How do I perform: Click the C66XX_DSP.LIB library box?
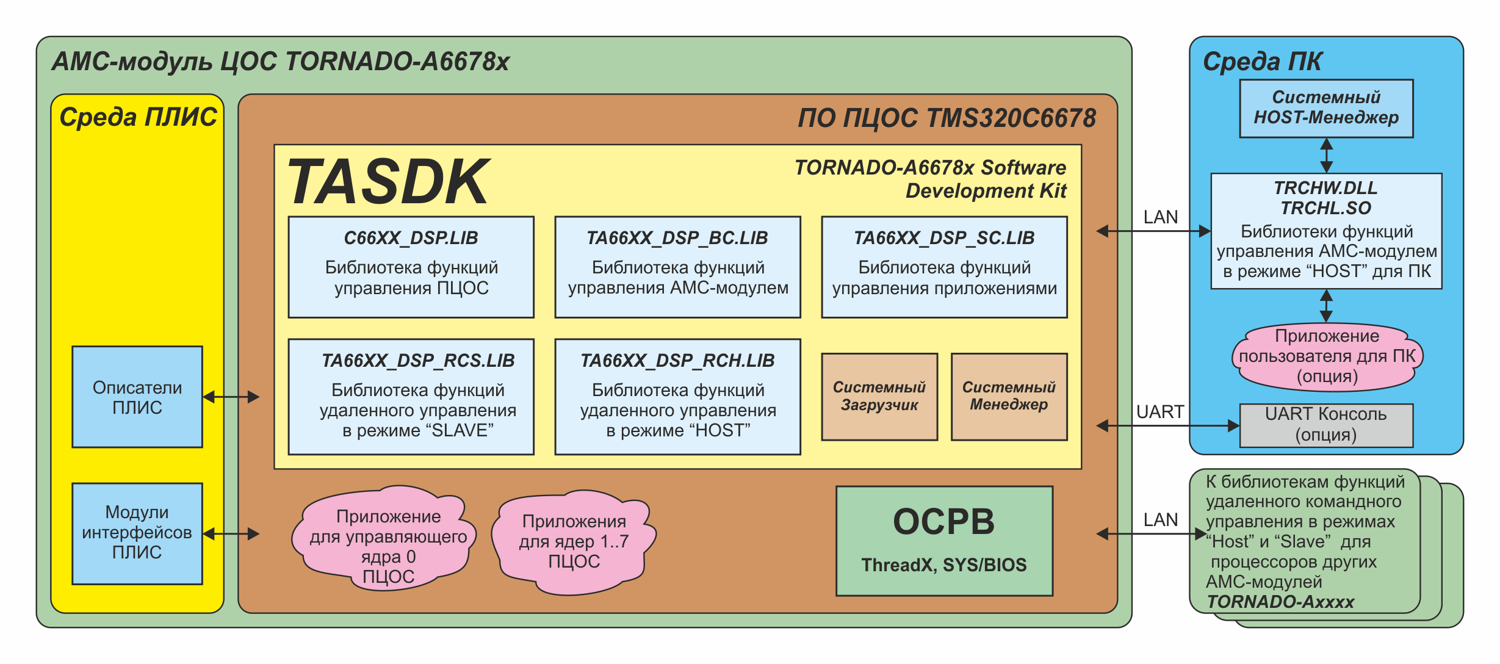[411, 267]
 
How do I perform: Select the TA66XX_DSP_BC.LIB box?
[677, 267]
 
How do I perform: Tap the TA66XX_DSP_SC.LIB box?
[944, 267]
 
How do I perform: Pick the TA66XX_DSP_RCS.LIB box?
[411, 397]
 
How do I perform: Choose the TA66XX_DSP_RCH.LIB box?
[677, 397]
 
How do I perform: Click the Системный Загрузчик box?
[879, 397]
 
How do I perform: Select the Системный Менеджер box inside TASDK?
[1009, 397]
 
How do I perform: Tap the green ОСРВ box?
[944, 541]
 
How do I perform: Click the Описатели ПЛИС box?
[137, 397]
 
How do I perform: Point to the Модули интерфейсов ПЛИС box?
[137, 533]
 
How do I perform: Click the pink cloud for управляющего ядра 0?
[384, 539]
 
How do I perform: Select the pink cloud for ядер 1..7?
[574, 541]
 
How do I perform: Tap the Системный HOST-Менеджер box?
[1326, 108]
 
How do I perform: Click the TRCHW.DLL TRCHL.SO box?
[1326, 231]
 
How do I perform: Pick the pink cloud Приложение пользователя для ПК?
[1327, 356]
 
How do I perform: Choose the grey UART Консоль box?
[1326, 425]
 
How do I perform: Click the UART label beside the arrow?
[1159, 412]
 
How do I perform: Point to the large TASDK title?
[388, 182]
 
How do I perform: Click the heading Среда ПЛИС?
[138, 117]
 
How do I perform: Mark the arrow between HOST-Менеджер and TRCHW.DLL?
[1326, 156]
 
